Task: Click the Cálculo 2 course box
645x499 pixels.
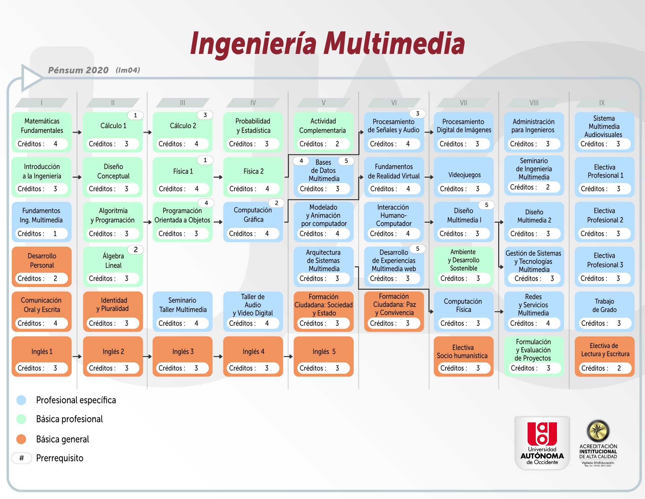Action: [x=182, y=132]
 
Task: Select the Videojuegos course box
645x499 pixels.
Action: [x=464, y=177]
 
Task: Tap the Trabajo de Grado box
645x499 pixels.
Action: [x=604, y=312]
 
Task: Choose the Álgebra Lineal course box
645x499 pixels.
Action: [x=113, y=267]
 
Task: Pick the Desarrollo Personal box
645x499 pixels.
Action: [x=42, y=267]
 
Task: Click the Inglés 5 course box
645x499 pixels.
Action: [x=324, y=356]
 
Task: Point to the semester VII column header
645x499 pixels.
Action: [x=464, y=103]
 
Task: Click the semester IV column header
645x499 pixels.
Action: [x=253, y=103]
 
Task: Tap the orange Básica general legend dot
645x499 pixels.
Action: [x=21, y=439]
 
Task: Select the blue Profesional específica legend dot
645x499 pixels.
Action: [x=21, y=400]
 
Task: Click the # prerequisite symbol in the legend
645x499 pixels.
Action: [x=21, y=458]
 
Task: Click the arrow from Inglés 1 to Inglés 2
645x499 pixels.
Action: [x=77, y=356]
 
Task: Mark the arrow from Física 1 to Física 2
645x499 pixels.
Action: [x=218, y=177]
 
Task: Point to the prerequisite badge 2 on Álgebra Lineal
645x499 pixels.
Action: [x=136, y=249]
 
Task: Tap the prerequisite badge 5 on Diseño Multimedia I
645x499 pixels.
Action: [x=486, y=205]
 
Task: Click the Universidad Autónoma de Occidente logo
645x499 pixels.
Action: [x=542, y=443]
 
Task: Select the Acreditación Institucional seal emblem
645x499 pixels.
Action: [x=598, y=431]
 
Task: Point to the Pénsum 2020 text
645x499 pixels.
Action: [x=78, y=70]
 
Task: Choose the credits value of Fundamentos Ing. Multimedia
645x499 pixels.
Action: [x=55, y=233]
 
